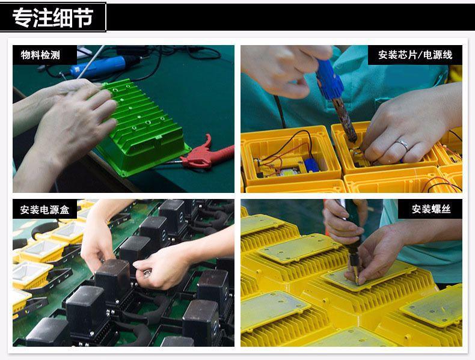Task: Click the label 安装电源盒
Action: point(44,210)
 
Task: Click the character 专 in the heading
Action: point(23,17)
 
